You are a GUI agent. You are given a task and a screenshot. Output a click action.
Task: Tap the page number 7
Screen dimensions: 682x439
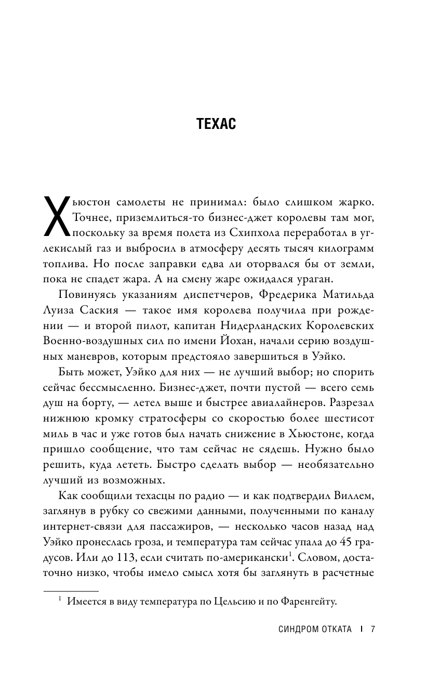click(373, 629)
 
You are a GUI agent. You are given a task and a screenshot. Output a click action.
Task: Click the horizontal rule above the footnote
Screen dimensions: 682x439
click(70, 591)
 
